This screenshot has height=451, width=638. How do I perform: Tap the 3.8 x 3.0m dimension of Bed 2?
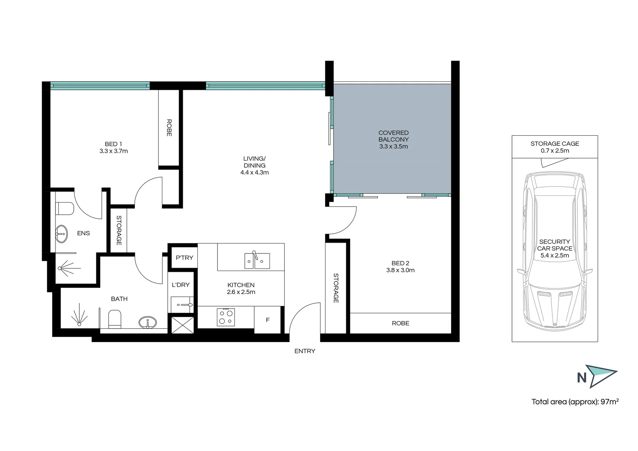(x=400, y=270)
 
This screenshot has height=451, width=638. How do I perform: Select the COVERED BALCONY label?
(x=393, y=136)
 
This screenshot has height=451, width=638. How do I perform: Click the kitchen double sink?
(x=257, y=261)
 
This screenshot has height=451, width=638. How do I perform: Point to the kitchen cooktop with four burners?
(x=226, y=317)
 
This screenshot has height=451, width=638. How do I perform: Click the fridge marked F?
(x=267, y=320)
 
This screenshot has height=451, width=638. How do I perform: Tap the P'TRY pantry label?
(x=184, y=258)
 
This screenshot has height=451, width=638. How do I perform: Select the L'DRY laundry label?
(x=181, y=285)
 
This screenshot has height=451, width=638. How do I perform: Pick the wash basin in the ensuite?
(x=61, y=234)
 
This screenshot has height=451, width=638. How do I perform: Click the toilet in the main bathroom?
(x=114, y=319)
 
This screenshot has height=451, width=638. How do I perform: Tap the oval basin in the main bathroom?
(x=148, y=322)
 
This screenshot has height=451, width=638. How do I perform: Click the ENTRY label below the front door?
(x=305, y=351)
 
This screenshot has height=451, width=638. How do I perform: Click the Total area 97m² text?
(x=575, y=402)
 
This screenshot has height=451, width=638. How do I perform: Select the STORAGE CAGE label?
(x=555, y=144)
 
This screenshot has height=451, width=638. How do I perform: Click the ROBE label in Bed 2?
(x=400, y=323)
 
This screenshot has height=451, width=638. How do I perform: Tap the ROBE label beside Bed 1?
(x=169, y=128)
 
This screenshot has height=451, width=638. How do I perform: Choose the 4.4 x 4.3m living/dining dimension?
(x=254, y=172)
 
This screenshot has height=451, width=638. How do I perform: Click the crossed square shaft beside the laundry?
(x=183, y=324)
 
